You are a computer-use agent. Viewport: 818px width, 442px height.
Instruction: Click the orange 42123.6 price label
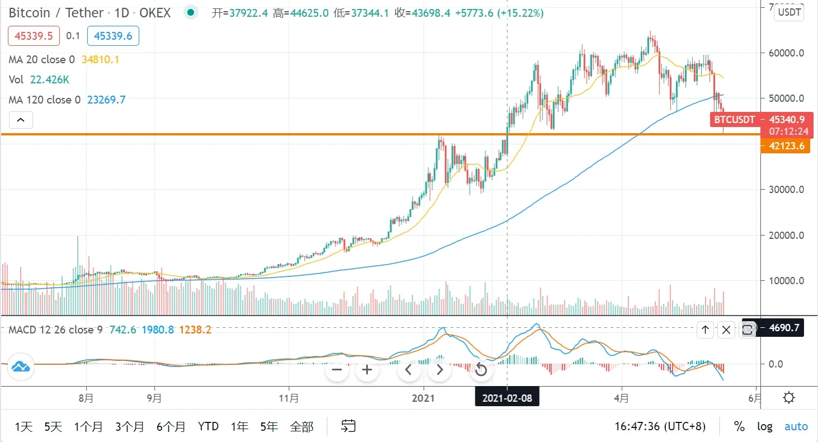pyautogui.click(x=786, y=147)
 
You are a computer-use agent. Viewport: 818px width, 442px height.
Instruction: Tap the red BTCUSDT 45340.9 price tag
pyautogui.click(x=758, y=119)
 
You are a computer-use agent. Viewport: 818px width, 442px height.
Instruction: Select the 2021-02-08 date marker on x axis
pyautogui.click(x=507, y=398)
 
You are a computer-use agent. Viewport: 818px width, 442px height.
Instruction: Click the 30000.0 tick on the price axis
pyautogui.click(x=786, y=190)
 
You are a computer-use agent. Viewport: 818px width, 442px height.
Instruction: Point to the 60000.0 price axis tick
pyautogui.click(x=786, y=53)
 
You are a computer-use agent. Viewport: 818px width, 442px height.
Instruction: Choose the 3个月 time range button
pyautogui.click(x=130, y=427)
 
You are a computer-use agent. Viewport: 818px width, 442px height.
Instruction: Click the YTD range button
pyautogui.click(x=208, y=427)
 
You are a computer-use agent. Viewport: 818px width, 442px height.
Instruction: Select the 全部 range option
pyautogui.click(x=301, y=427)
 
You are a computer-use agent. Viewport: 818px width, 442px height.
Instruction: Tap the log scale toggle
pyautogui.click(x=764, y=426)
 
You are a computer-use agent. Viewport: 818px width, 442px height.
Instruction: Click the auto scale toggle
pyautogui.click(x=796, y=426)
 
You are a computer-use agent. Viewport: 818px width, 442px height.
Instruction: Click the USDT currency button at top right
pyautogui.click(x=789, y=12)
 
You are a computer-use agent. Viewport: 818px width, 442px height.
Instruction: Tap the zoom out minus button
pyautogui.click(x=337, y=370)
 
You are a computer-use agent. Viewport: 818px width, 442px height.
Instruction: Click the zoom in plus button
pyautogui.click(x=367, y=370)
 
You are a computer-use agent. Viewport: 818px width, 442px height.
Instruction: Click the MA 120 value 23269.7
pyautogui.click(x=106, y=100)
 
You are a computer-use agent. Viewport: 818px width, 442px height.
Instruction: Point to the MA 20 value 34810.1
pyautogui.click(x=100, y=60)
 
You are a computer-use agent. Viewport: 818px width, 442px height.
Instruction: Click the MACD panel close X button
pyautogui.click(x=726, y=330)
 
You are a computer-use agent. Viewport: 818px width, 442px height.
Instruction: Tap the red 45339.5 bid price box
pyautogui.click(x=34, y=36)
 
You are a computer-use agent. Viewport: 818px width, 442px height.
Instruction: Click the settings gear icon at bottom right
pyautogui.click(x=789, y=398)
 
